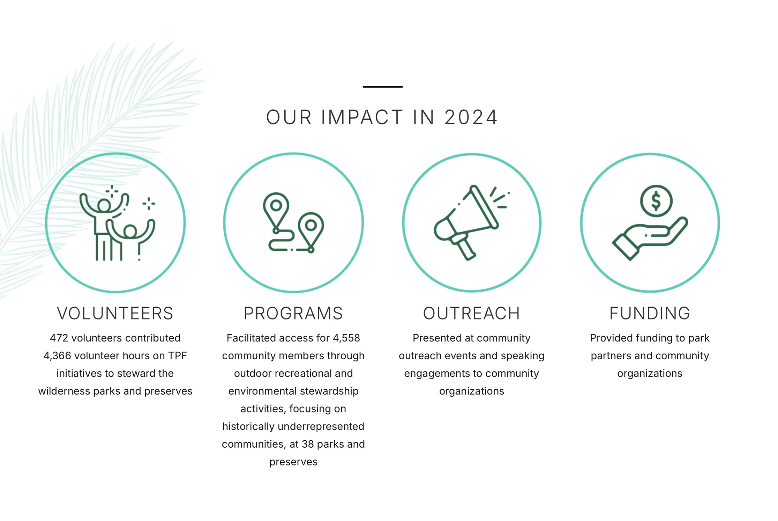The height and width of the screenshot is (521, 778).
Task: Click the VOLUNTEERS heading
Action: [115, 313]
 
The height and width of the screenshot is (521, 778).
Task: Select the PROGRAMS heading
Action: [293, 313]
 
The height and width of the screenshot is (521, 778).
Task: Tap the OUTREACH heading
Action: [471, 313]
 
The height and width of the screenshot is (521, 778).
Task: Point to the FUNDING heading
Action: [650, 313]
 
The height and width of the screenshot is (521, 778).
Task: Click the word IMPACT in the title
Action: [362, 117]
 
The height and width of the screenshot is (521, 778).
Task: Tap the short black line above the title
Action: [383, 87]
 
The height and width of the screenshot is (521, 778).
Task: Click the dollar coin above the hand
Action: [656, 201]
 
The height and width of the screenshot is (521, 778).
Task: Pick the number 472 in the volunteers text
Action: [59, 338]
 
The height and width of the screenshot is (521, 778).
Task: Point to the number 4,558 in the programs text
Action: [346, 338]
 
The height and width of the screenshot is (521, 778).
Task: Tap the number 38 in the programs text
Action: [308, 444]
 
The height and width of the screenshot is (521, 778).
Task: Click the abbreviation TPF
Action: [177, 356]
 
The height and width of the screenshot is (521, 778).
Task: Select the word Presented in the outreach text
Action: [437, 338]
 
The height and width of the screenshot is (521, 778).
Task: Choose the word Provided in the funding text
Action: [611, 338]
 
